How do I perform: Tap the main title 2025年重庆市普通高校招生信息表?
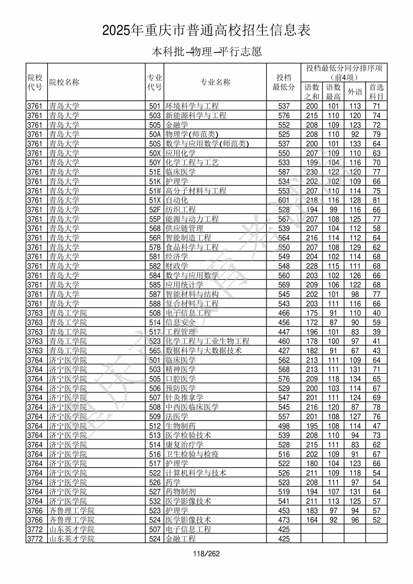[x=206, y=31]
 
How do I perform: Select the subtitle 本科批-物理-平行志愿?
[x=206, y=52]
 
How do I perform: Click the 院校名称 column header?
[x=64, y=82]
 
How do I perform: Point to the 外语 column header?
[x=355, y=92]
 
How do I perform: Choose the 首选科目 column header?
[x=376, y=92]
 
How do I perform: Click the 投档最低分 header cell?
[x=284, y=82]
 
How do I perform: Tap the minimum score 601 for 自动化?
[x=284, y=200]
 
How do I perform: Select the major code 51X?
[x=155, y=200]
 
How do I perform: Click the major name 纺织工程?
[x=180, y=210]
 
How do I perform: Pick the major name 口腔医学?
[x=180, y=379]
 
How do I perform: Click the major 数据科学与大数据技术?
[x=203, y=350]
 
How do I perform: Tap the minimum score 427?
[x=284, y=350]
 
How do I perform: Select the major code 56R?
[x=155, y=238]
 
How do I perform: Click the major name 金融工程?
[x=180, y=539]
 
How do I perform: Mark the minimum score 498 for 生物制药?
[x=284, y=426]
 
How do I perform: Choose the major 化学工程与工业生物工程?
[x=207, y=341]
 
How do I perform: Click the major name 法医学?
[x=177, y=416]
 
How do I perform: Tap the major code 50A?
[x=155, y=134]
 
